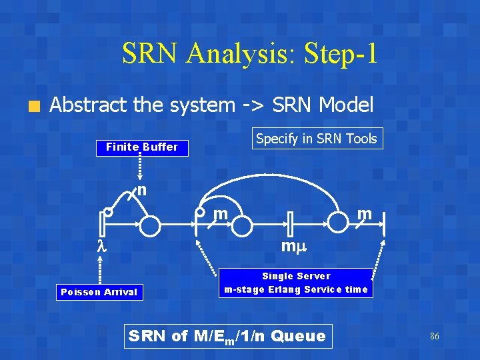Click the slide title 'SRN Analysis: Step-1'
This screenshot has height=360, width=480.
(249, 54)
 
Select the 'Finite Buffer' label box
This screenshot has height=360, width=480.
(141, 147)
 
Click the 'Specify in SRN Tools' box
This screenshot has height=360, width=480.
(316, 139)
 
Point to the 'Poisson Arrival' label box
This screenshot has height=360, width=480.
(99, 291)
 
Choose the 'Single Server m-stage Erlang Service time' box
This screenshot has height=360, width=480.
(296, 283)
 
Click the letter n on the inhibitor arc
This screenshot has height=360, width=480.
(141, 191)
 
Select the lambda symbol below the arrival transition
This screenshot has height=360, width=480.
(102, 247)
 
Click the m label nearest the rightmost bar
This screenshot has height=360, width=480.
(363, 214)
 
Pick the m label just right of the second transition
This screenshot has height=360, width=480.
(221, 214)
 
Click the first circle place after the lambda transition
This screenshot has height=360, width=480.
(150, 226)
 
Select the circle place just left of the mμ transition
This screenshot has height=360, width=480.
(241, 226)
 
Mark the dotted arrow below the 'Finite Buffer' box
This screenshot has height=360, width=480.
(141, 167)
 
